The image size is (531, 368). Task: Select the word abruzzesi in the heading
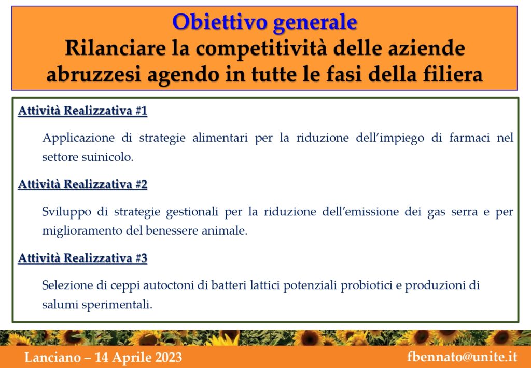93,75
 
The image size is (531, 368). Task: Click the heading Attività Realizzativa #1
82,111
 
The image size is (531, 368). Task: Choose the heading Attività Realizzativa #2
82,185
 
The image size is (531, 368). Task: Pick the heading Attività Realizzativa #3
82,258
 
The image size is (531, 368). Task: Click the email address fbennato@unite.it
462,357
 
